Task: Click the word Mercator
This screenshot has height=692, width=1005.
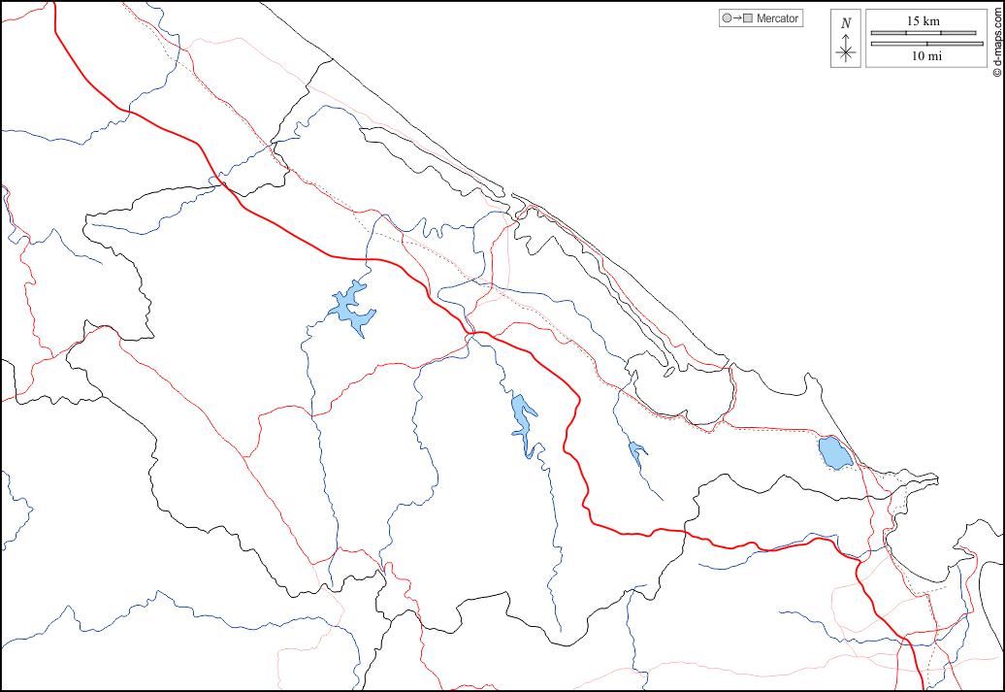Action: [x=777, y=18]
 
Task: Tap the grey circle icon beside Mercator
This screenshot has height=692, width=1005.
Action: [x=727, y=18]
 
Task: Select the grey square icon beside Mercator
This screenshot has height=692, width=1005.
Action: [x=747, y=18]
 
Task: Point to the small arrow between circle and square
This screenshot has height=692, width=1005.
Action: [x=736, y=18]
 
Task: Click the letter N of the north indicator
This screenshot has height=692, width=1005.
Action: [x=846, y=23]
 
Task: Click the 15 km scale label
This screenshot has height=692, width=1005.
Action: [x=923, y=20]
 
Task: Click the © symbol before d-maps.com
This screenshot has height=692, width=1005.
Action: [x=996, y=72]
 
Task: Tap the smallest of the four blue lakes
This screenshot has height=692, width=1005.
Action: [x=636, y=450]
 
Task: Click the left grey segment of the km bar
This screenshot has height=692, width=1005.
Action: [x=888, y=33]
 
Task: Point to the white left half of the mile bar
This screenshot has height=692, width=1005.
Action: [x=898, y=43]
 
